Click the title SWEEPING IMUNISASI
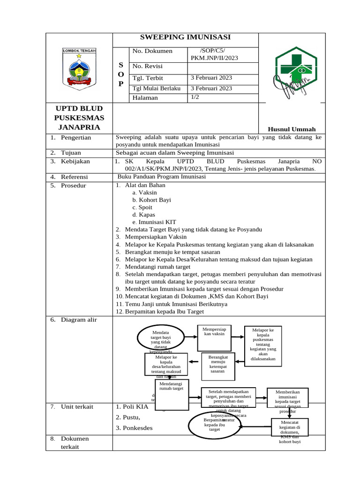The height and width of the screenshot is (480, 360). click(186, 37)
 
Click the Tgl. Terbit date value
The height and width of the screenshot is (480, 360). click(211, 77)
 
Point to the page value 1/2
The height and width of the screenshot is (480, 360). click(195, 97)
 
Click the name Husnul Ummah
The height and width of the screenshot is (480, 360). click(291, 129)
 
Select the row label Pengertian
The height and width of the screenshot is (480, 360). click(75, 137)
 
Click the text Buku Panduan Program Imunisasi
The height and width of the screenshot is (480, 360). click(161, 177)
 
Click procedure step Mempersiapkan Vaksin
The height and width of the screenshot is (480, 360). click(156, 237)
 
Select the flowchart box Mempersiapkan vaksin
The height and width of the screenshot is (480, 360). click(215, 337)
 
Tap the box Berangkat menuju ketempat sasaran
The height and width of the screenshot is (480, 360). click(217, 364)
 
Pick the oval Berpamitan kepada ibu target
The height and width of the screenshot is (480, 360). click(215, 424)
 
